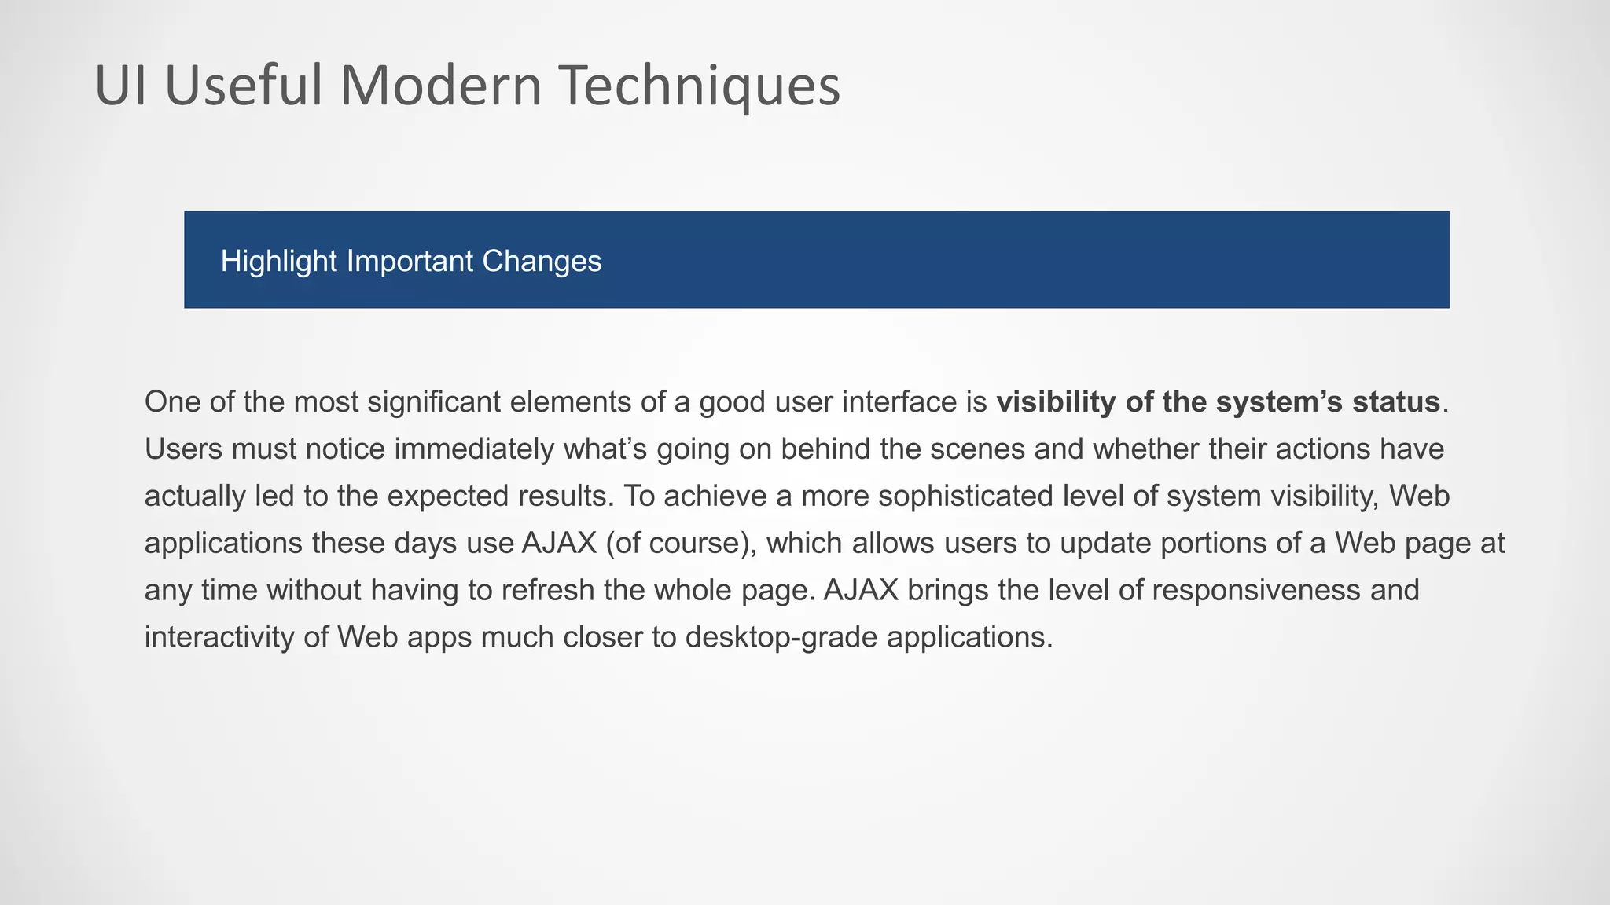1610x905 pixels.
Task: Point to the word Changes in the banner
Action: click(542, 262)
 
